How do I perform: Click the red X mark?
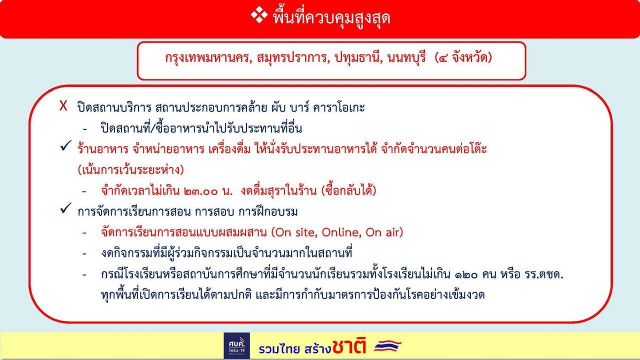(x=63, y=105)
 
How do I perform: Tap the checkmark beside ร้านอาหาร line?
(x=65, y=145)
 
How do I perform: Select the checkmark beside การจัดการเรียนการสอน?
(x=65, y=208)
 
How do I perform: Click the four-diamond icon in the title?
(x=259, y=14)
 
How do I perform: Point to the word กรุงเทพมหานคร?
(x=208, y=58)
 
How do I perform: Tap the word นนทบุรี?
(x=406, y=58)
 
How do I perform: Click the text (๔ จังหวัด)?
(x=463, y=58)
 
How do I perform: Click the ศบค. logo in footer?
(x=236, y=345)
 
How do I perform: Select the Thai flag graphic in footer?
(x=387, y=345)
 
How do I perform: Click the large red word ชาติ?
(x=349, y=346)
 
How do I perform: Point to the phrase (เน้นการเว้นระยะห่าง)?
(x=130, y=169)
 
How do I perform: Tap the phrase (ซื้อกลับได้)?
(x=348, y=190)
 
